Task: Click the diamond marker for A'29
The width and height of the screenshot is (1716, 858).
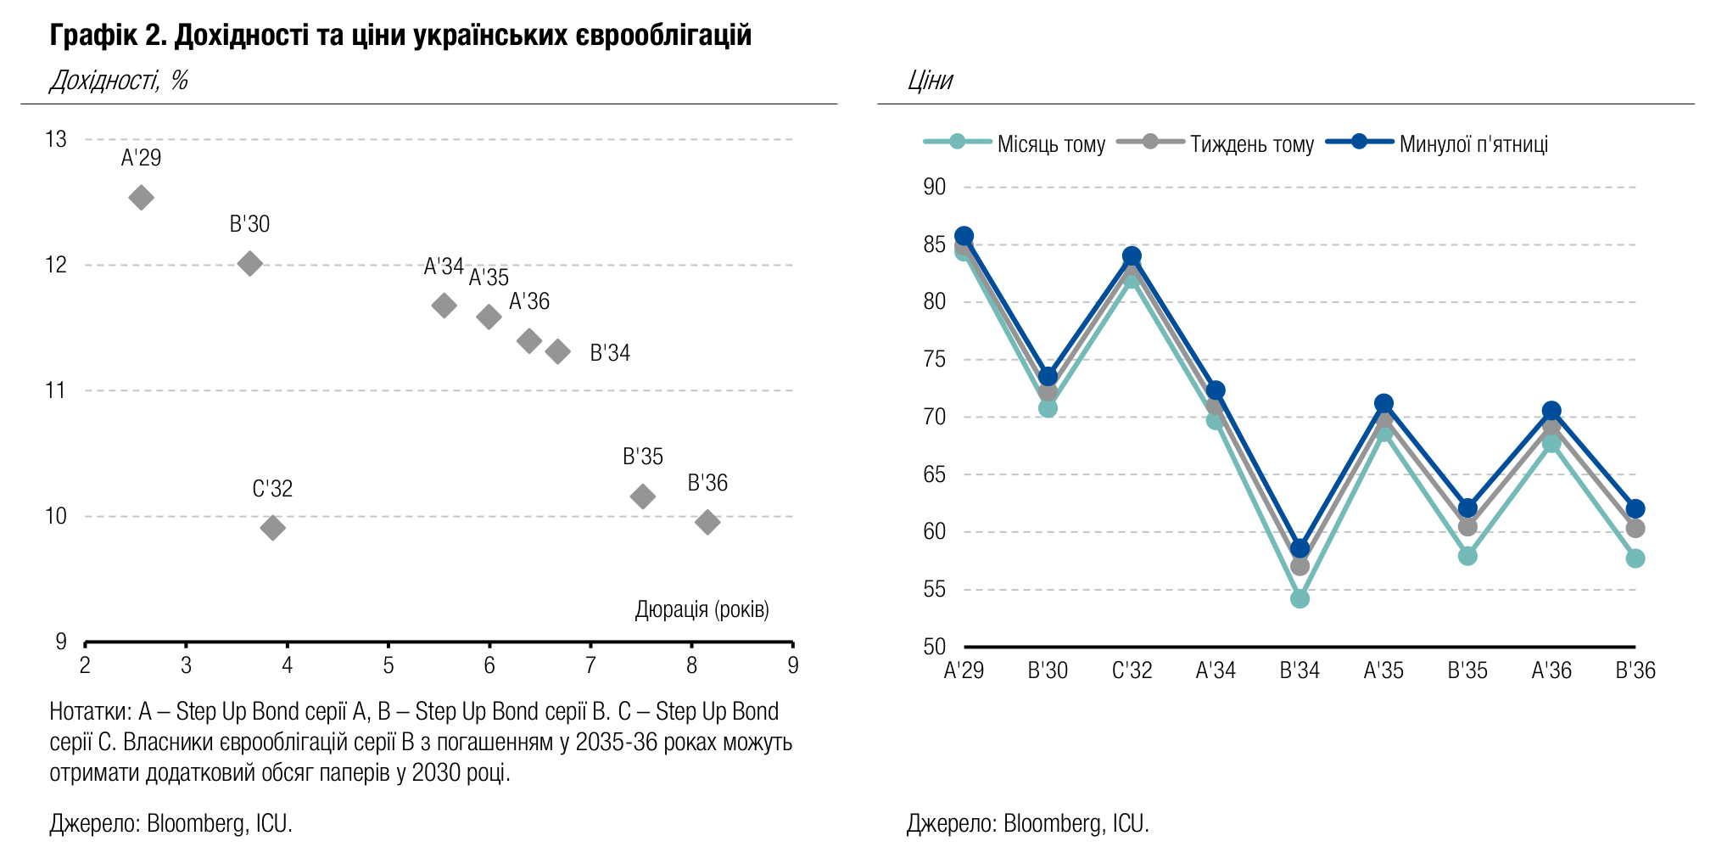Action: tap(141, 198)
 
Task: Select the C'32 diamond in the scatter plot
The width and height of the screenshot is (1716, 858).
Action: tap(272, 528)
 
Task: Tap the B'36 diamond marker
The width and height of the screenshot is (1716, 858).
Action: tap(707, 522)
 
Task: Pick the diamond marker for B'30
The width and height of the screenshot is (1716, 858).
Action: tap(249, 263)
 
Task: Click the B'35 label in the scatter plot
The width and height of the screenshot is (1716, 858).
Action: tap(643, 457)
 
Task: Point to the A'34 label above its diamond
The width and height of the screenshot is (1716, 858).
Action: tap(444, 266)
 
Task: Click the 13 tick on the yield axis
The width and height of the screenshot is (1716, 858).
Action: tap(56, 139)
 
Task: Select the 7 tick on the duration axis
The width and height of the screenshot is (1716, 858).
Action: tap(590, 665)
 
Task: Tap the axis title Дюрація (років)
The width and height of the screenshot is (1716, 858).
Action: tap(702, 609)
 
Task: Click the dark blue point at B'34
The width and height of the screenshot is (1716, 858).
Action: tap(1300, 548)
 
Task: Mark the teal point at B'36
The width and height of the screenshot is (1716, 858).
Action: tap(1635, 558)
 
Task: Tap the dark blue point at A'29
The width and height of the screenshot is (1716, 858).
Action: tap(964, 236)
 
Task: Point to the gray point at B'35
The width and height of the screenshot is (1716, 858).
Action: tap(1467, 526)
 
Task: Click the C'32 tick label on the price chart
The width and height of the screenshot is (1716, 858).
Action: tap(1132, 670)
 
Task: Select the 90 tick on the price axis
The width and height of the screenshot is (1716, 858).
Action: tap(934, 187)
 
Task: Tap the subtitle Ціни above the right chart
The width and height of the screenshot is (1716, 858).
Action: tap(930, 81)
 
